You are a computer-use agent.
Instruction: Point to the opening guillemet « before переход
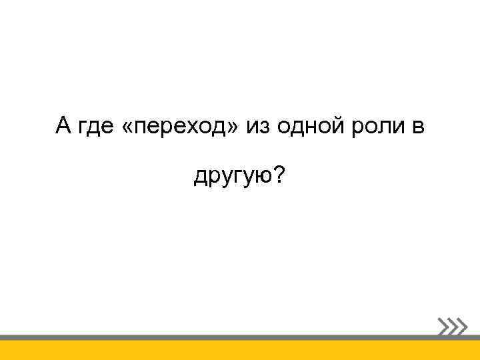128,125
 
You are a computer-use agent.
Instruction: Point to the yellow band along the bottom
240,351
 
